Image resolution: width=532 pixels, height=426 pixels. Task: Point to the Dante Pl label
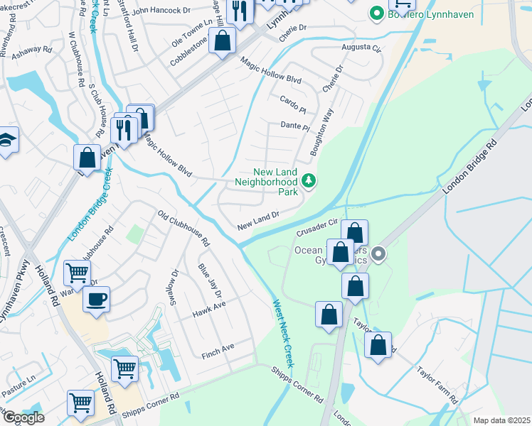(x=296, y=126)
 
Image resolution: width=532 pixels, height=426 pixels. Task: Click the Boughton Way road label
(x=321, y=133)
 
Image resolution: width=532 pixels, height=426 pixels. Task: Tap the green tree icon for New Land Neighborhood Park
(x=309, y=181)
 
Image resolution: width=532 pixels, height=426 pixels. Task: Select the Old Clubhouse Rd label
(x=184, y=228)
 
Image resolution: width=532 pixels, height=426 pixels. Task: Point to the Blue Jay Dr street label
(x=211, y=281)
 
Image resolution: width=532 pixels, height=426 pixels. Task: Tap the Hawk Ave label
(x=208, y=309)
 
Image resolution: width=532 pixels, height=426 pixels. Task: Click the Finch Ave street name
(x=218, y=348)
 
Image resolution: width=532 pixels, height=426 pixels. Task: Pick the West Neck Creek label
(x=284, y=334)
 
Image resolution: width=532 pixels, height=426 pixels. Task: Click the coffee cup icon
(x=95, y=298)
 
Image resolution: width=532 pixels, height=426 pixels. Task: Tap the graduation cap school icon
(x=6, y=139)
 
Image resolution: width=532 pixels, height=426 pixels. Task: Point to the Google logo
(x=23, y=417)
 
